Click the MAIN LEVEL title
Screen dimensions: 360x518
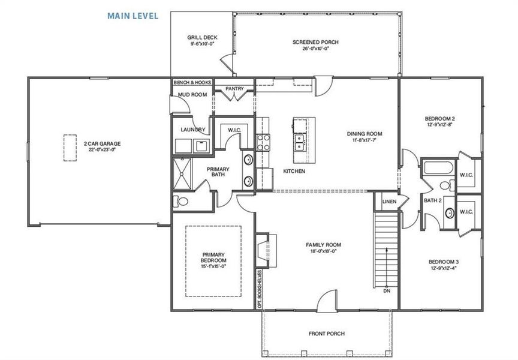coord(132,16)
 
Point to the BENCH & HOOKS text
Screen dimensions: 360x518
coord(192,82)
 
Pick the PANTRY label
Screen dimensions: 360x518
coord(234,89)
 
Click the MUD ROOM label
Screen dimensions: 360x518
coord(192,95)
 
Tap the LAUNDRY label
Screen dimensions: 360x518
coord(193,130)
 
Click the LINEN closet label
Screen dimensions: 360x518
coord(389,202)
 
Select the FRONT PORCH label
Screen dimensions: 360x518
coord(327,334)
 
